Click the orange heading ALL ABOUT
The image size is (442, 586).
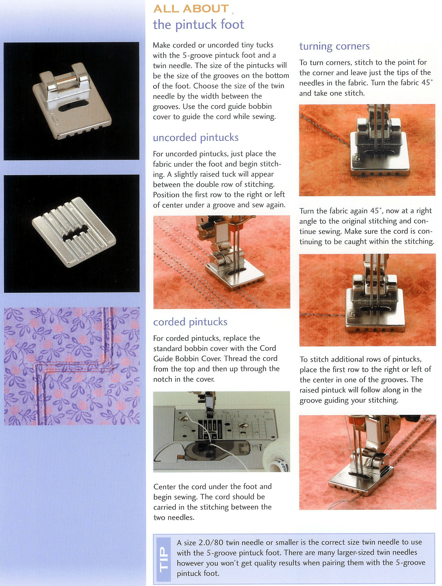[191, 9]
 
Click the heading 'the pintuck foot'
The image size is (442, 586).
[198, 24]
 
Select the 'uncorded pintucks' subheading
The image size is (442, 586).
[196, 138]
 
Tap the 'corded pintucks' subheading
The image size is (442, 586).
[190, 322]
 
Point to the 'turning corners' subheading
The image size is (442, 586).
[334, 46]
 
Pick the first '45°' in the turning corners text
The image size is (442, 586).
[427, 83]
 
